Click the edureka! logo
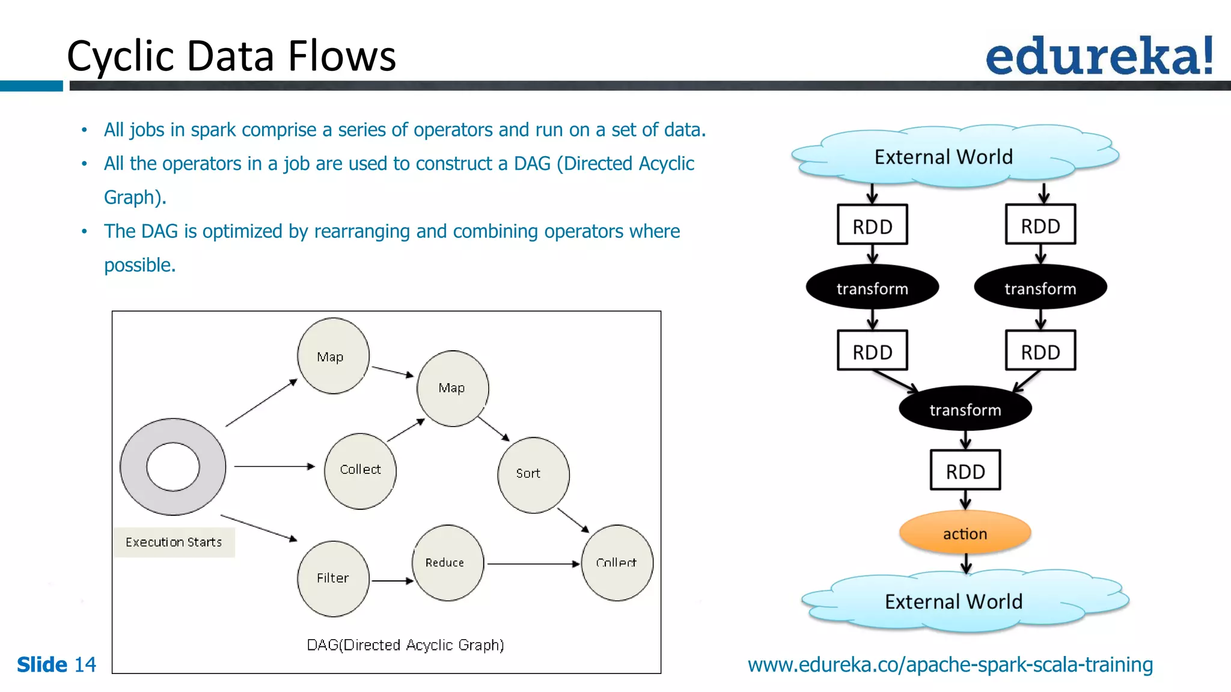(1099, 56)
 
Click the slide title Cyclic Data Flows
(231, 56)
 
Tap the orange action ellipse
(965, 533)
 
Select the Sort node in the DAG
(533, 475)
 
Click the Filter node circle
(333, 578)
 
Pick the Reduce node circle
(447, 563)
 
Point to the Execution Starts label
(174, 542)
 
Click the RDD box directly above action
(965, 471)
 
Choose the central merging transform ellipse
(965, 409)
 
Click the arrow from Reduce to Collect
(532, 563)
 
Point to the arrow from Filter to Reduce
(392, 581)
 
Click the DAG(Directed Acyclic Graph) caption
(405, 645)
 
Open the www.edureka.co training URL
(950, 664)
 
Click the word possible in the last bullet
(139, 265)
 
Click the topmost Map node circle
(333, 356)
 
